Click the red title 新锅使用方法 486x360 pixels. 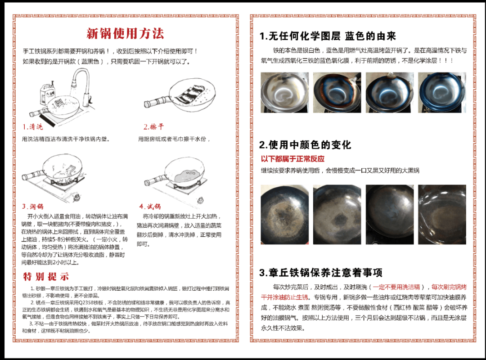(125, 34)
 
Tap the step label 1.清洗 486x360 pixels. (32, 127)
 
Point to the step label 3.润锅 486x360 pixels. (33, 207)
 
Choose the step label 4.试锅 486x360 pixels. (150, 207)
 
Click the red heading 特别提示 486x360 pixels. (46, 276)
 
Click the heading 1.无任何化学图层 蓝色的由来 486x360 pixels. (328, 36)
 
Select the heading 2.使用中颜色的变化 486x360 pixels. (305, 145)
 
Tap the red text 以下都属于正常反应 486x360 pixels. (292, 159)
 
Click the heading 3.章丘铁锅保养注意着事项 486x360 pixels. (321, 273)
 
